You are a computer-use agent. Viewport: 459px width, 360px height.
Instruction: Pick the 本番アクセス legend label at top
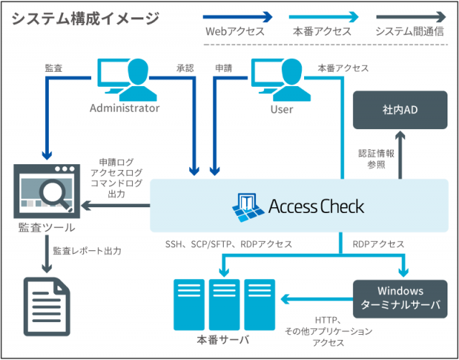[x=322, y=32]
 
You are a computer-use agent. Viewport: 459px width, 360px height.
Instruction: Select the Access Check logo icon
[x=248, y=207]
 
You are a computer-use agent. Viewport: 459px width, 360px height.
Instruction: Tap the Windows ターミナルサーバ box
[x=399, y=298]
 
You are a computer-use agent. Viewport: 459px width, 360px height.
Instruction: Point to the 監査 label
[x=53, y=68]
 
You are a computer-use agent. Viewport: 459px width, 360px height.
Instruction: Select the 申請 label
[x=223, y=68]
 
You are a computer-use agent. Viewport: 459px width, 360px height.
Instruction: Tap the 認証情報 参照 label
[x=372, y=158]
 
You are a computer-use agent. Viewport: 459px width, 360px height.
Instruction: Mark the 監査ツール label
[x=47, y=228]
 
